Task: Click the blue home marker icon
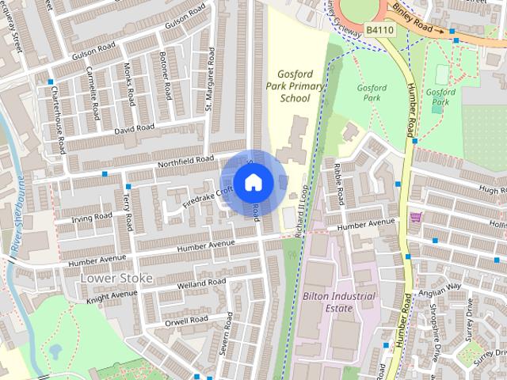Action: (x=252, y=183)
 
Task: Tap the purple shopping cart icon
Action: (x=415, y=217)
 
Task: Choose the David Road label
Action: (x=133, y=128)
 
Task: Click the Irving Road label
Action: (x=92, y=218)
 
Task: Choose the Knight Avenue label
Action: (x=106, y=295)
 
